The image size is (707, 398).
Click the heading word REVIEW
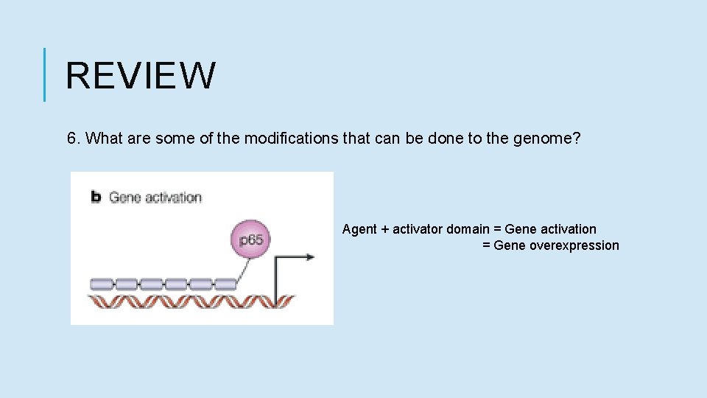point(141,75)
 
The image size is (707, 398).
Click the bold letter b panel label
point(96,197)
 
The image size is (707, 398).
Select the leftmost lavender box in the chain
point(102,284)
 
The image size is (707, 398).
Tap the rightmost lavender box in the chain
point(225,284)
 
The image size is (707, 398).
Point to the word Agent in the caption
point(359,229)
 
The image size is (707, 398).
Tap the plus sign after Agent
point(384,229)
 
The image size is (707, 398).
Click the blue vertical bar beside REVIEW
point(45,74)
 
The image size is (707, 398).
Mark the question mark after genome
point(577,139)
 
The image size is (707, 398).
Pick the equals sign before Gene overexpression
point(486,245)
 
